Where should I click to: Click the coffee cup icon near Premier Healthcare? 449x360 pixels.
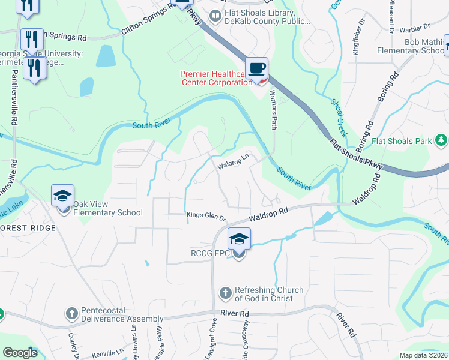pos(257,68)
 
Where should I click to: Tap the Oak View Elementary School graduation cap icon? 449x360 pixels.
pos(62,196)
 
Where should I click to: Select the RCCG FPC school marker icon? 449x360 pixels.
pos(238,239)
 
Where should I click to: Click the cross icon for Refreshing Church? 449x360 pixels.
pos(226,293)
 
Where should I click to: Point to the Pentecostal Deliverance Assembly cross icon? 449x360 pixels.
pos(71,313)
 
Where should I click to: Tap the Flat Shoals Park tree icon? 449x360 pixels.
pos(441,140)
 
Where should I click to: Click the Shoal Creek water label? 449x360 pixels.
pos(339,116)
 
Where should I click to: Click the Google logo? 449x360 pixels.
pos(20,352)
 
